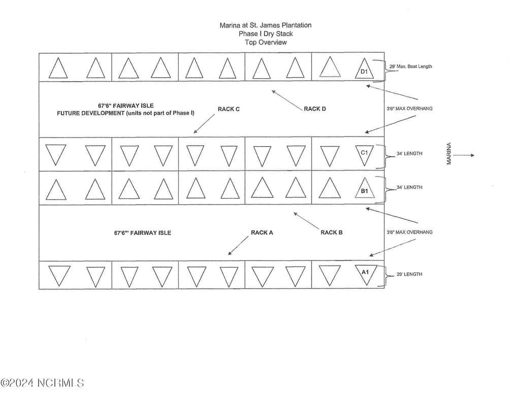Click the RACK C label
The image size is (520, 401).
click(x=229, y=109)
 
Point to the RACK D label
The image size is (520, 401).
click(x=315, y=109)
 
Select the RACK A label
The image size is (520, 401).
click(x=262, y=232)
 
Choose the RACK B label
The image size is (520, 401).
click(x=331, y=232)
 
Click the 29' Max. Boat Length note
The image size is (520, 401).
click(x=410, y=66)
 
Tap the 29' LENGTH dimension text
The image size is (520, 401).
click(x=409, y=274)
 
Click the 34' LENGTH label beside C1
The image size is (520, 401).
click(x=409, y=153)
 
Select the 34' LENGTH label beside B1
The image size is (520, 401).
click(x=409, y=187)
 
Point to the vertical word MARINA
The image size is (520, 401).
click(x=449, y=153)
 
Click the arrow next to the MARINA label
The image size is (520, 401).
click(x=464, y=155)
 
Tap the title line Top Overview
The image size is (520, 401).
click(x=266, y=43)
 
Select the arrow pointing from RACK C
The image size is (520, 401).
click(x=204, y=124)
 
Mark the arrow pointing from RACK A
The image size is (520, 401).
click(x=238, y=246)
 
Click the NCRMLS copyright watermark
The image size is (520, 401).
click(x=42, y=383)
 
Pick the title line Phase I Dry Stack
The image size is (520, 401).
click(x=266, y=34)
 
